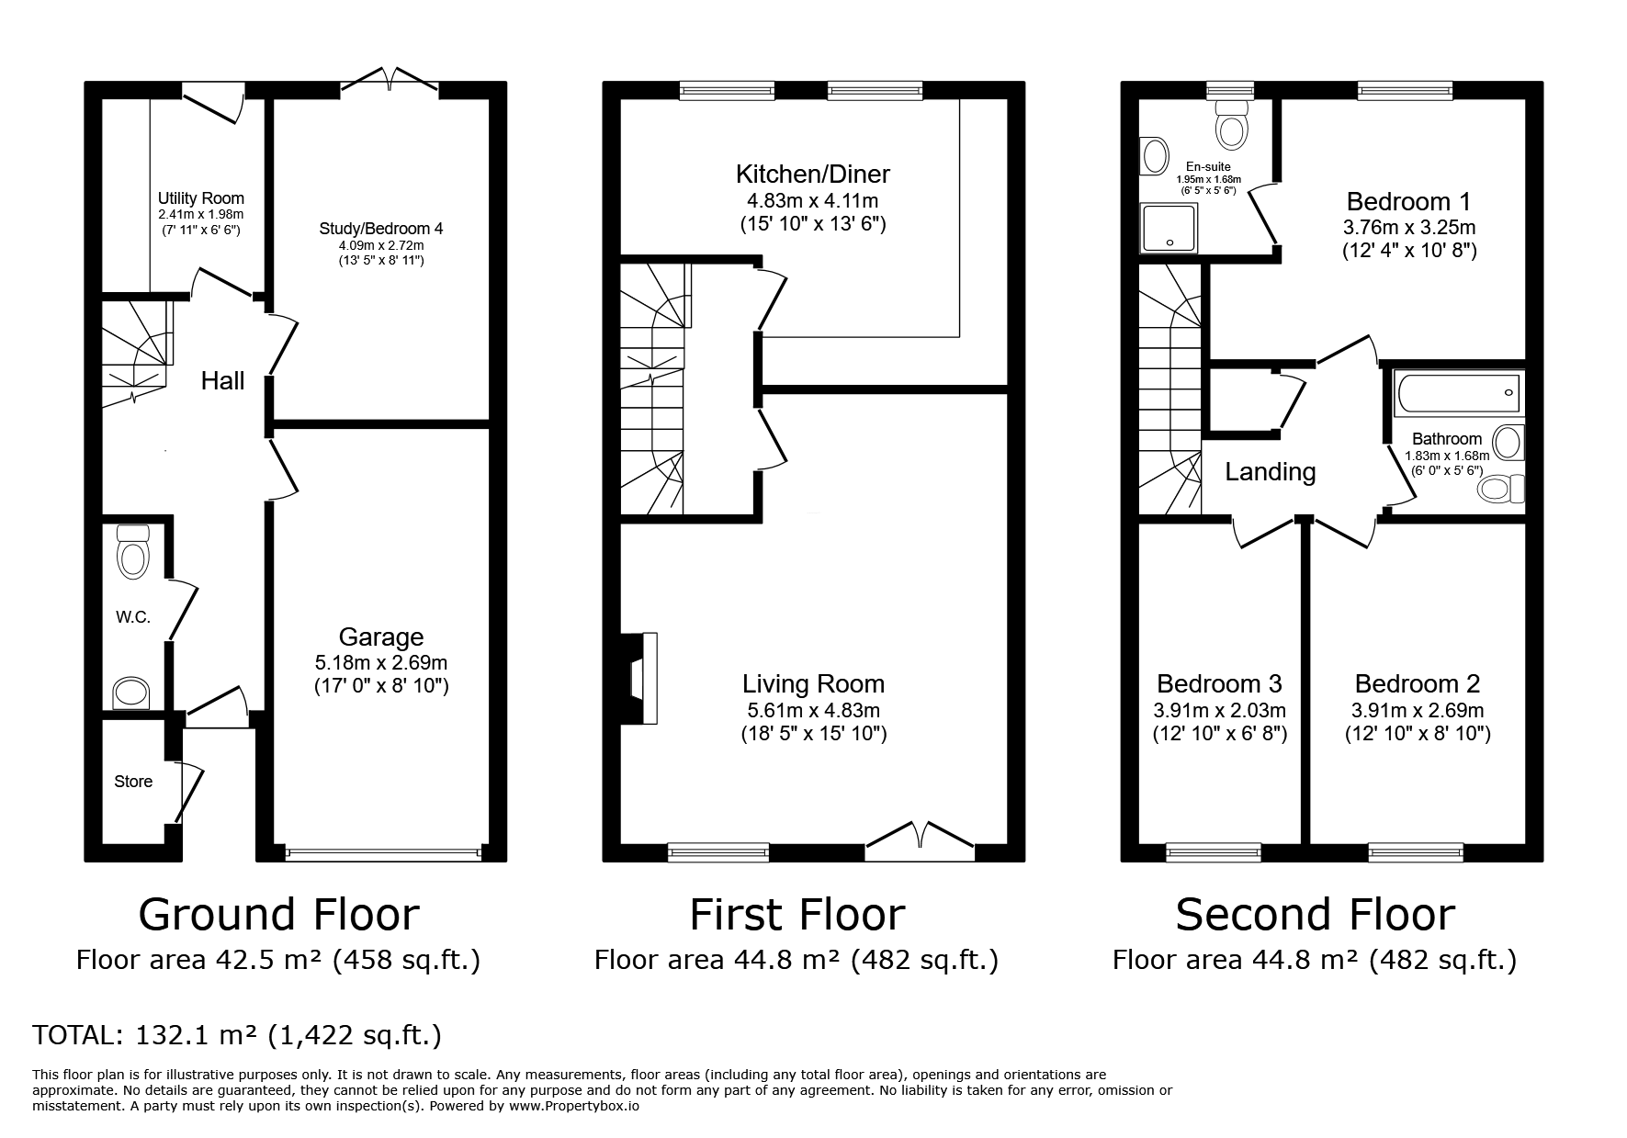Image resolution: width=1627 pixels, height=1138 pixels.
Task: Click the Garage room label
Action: point(381,637)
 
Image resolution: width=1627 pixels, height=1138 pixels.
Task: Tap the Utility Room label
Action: point(201,197)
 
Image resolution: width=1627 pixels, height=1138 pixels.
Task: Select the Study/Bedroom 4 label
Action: point(381,228)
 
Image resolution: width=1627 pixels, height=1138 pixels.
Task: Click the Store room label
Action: point(133,782)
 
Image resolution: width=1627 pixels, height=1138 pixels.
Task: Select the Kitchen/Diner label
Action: point(813,174)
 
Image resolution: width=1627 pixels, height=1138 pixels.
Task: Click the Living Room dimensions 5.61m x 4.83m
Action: point(813,710)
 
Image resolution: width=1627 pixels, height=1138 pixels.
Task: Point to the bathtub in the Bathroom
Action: point(1458,393)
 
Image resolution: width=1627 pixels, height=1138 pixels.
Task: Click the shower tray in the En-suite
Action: point(1169,228)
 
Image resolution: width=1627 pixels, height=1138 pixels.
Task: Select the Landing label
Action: point(1271,472)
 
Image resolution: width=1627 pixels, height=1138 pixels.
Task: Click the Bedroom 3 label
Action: point(1219,683)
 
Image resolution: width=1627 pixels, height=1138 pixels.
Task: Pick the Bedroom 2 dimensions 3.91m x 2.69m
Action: point(1418,710)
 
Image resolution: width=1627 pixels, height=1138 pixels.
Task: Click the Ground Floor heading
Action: point(278,914)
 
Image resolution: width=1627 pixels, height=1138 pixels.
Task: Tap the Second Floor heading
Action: point(1315,914)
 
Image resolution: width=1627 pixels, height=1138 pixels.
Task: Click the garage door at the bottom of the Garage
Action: point(383,852)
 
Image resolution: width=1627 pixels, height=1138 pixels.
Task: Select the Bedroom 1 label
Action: point(1408,201)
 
